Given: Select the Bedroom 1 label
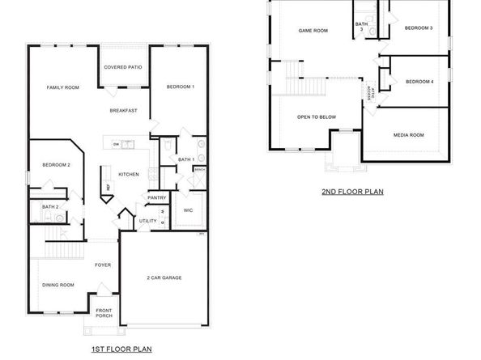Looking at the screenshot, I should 180,87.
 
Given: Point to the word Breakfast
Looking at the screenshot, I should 124,110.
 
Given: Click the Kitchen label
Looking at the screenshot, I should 129,174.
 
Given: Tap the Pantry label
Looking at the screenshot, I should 156,197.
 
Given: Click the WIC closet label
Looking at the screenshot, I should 188,210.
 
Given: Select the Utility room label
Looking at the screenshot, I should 147,220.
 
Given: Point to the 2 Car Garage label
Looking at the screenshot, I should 165,277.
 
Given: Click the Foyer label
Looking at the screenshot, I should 102,265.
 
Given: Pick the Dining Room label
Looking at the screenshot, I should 58,285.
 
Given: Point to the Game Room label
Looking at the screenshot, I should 313,31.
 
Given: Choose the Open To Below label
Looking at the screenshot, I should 317,117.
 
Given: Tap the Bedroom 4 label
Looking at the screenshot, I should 419,81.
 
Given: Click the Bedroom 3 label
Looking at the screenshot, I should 419,28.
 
